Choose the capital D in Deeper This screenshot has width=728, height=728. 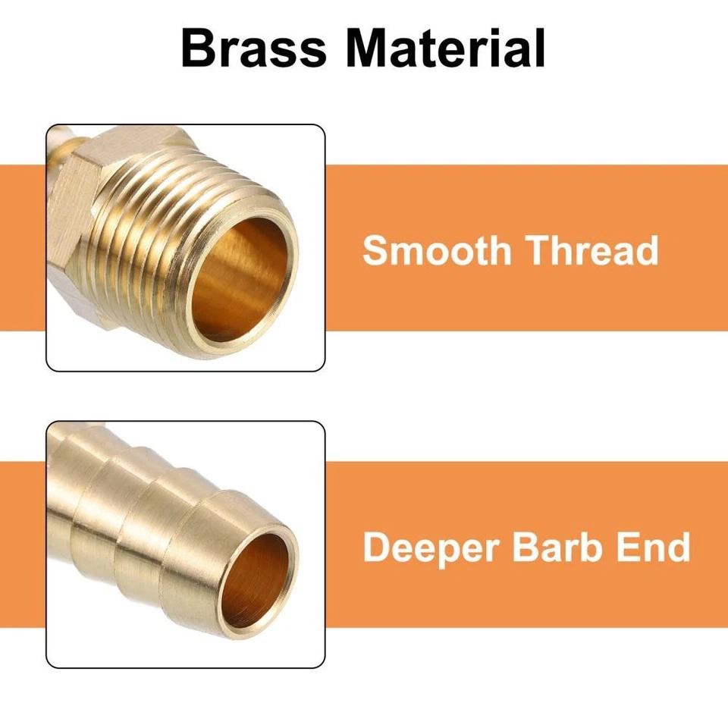(375, 547)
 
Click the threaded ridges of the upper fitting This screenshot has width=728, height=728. (167, 227)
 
